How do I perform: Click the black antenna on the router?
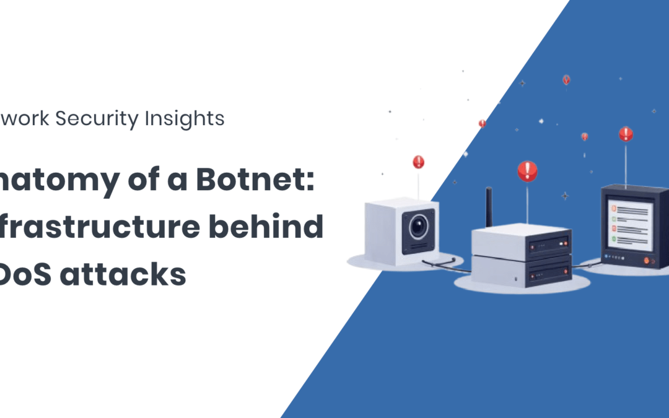click(x=489, y=207)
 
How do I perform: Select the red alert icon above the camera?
click(x=419, y=162)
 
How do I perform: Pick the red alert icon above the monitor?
click(x=626, y=134)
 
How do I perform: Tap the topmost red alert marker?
click(x=566, y=80)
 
